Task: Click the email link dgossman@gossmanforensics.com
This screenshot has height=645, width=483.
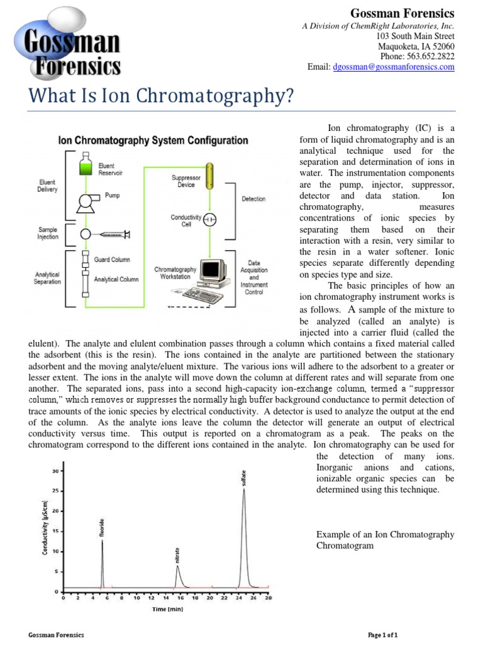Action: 393,67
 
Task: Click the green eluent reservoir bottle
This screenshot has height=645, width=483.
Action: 86,167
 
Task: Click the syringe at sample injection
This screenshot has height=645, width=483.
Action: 114,234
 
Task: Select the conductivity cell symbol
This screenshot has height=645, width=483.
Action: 211,219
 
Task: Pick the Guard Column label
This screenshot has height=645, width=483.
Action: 112,259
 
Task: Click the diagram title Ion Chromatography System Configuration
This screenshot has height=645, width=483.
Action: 153,140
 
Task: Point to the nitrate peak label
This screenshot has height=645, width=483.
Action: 177,555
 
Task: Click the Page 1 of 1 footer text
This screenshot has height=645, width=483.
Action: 382,635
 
